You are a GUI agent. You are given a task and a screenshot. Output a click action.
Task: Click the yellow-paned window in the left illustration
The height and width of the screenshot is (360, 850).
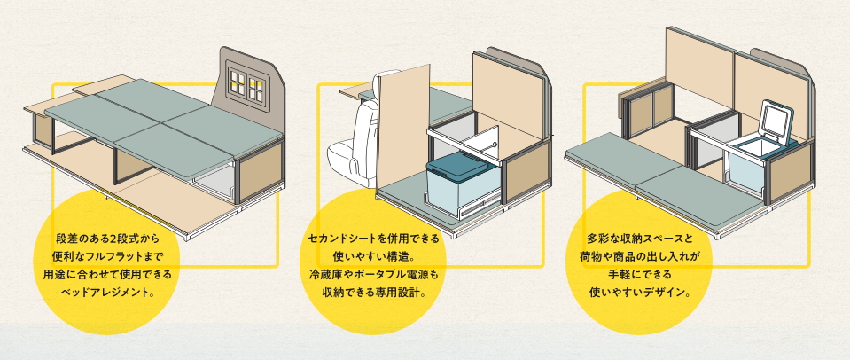pos(246,83)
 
